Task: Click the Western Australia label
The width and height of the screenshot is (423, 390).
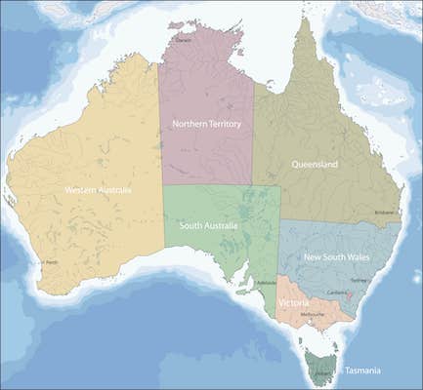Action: coord(98,189)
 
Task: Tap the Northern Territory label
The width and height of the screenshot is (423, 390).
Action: coord(206,124)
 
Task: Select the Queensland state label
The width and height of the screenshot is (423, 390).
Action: coord(315,165)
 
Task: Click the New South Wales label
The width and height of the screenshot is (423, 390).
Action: coord(337,257)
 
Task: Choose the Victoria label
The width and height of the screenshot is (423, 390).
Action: coord(294,303)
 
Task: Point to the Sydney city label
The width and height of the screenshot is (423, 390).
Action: coord(359,280)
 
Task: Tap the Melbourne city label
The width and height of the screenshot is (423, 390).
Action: coord(313,315)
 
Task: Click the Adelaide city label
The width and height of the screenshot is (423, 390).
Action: coord(262,283)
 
